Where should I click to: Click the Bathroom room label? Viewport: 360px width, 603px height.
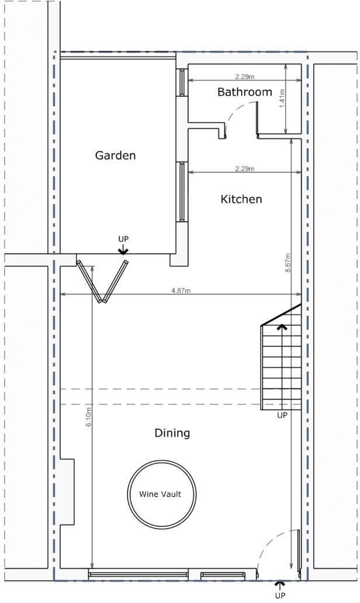tap(244, 92)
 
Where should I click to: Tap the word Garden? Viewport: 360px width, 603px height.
tap(115, 155)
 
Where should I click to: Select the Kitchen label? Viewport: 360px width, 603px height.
tap(241, 199)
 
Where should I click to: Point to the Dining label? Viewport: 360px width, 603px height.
tap(172, 433)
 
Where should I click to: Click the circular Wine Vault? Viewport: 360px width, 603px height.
tap(160, 494)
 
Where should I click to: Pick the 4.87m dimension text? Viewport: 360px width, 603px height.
tap(181, 291)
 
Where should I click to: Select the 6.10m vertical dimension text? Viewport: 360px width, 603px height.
tap(89, 415)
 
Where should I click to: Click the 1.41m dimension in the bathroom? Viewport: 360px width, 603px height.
tap(281, 98)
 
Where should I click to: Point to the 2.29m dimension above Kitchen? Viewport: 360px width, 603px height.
tap(244, 169)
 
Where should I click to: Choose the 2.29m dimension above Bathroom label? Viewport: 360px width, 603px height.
tap(244, 77)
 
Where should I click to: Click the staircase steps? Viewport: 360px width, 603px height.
tap(281, 365)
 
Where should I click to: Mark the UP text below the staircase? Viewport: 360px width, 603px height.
tap(282, 415)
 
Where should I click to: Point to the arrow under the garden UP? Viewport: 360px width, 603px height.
tap(123, 251)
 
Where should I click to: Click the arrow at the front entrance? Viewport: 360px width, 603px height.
tap(280, 584)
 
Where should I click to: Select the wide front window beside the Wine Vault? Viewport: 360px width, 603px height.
tap(139, 574)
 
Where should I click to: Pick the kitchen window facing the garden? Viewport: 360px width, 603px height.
tap(182, 192)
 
